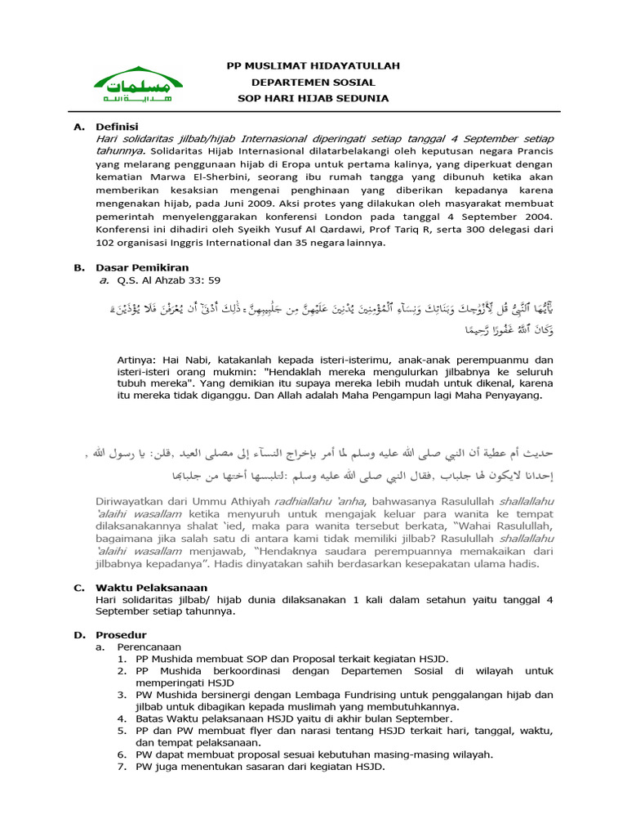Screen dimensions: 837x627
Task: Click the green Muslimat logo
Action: [x=137, y=84]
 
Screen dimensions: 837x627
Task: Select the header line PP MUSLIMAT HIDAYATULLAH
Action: [x=313, y=65]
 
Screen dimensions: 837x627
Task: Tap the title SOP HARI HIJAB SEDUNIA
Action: [x=313, y=98]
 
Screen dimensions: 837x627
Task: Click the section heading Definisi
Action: [x=117, y=127]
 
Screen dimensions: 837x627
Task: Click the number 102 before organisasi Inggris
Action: [x=106, y=243]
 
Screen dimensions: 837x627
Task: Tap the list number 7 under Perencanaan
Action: [x=122, y=767]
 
